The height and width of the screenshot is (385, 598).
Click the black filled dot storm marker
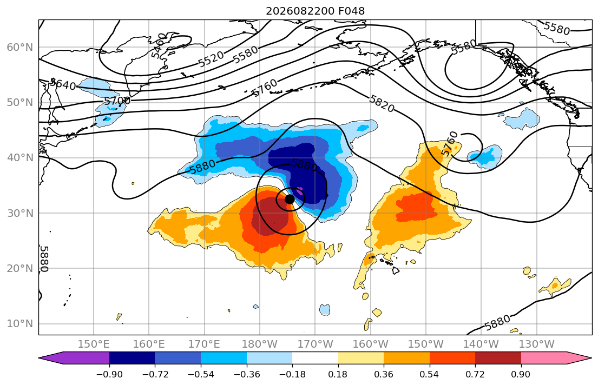coord(290,199)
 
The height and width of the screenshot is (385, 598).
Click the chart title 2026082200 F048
coord(315,11)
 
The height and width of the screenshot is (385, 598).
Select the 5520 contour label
coord(211,59)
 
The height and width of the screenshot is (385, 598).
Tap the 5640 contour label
coord(64,84)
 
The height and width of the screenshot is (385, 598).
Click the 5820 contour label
coord(382,104)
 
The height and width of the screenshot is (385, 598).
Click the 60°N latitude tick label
coord(20,47)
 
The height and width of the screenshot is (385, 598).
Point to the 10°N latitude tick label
coord(20,324)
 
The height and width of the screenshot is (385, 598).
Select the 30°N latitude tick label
coord(20,213)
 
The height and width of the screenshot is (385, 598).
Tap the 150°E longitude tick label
coord(94,344)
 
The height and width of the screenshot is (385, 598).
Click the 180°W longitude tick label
coord(260,344)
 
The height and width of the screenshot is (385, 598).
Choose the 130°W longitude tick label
coord(537,344)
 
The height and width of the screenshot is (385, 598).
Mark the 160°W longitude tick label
coord(371,344)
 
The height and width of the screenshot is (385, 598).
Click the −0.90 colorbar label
coord(109,374)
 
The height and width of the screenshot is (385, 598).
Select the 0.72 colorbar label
coord(475,374)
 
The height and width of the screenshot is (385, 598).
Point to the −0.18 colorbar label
coord(292,374)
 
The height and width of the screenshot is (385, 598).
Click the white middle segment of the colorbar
coord(315,358)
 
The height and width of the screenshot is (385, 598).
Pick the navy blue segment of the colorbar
coord(132,358)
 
